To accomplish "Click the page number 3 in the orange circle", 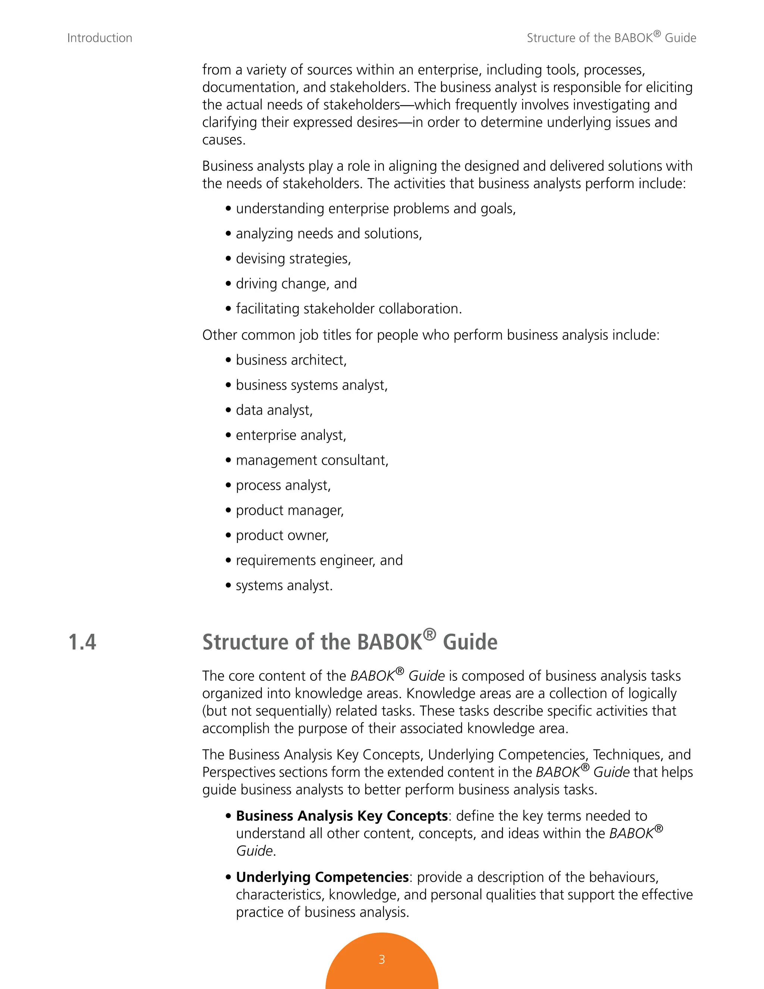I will [x=382, y=959].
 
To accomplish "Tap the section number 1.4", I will [x=82, y=642].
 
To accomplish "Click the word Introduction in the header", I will [x=100, y=38].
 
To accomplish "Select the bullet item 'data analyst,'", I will [x=274, y=410].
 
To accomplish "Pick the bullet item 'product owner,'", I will [x=282, y=535].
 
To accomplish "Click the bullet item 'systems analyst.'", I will [x=284, y=586].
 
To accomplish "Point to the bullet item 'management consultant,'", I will [x=312, y=460].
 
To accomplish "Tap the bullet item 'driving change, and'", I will [x=296, y=284].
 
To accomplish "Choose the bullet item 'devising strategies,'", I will [x=293, y=259].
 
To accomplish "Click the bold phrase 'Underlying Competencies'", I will [x=322, y=877].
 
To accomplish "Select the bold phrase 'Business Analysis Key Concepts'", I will [x=342, y=816].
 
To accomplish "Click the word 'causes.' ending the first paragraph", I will [x=223, y=140].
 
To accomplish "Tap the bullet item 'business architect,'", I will [x=291, y=360].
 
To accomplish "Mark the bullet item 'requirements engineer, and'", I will [x=319, y=561].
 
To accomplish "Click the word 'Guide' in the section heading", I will [x=470, y=642].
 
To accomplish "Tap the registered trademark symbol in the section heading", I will [x=429, y=634].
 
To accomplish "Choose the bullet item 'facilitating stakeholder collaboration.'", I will [x=348, y=309].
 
